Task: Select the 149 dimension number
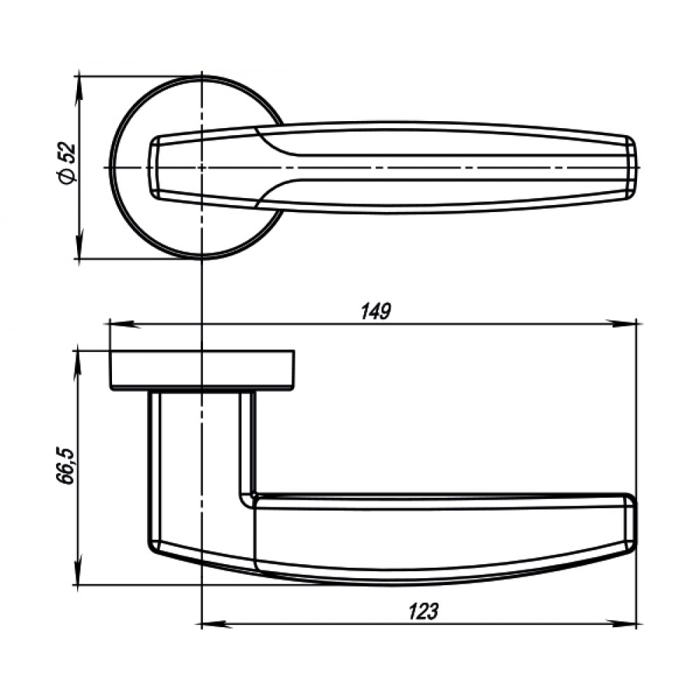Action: point(376,311)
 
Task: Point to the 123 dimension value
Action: point(423,611)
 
